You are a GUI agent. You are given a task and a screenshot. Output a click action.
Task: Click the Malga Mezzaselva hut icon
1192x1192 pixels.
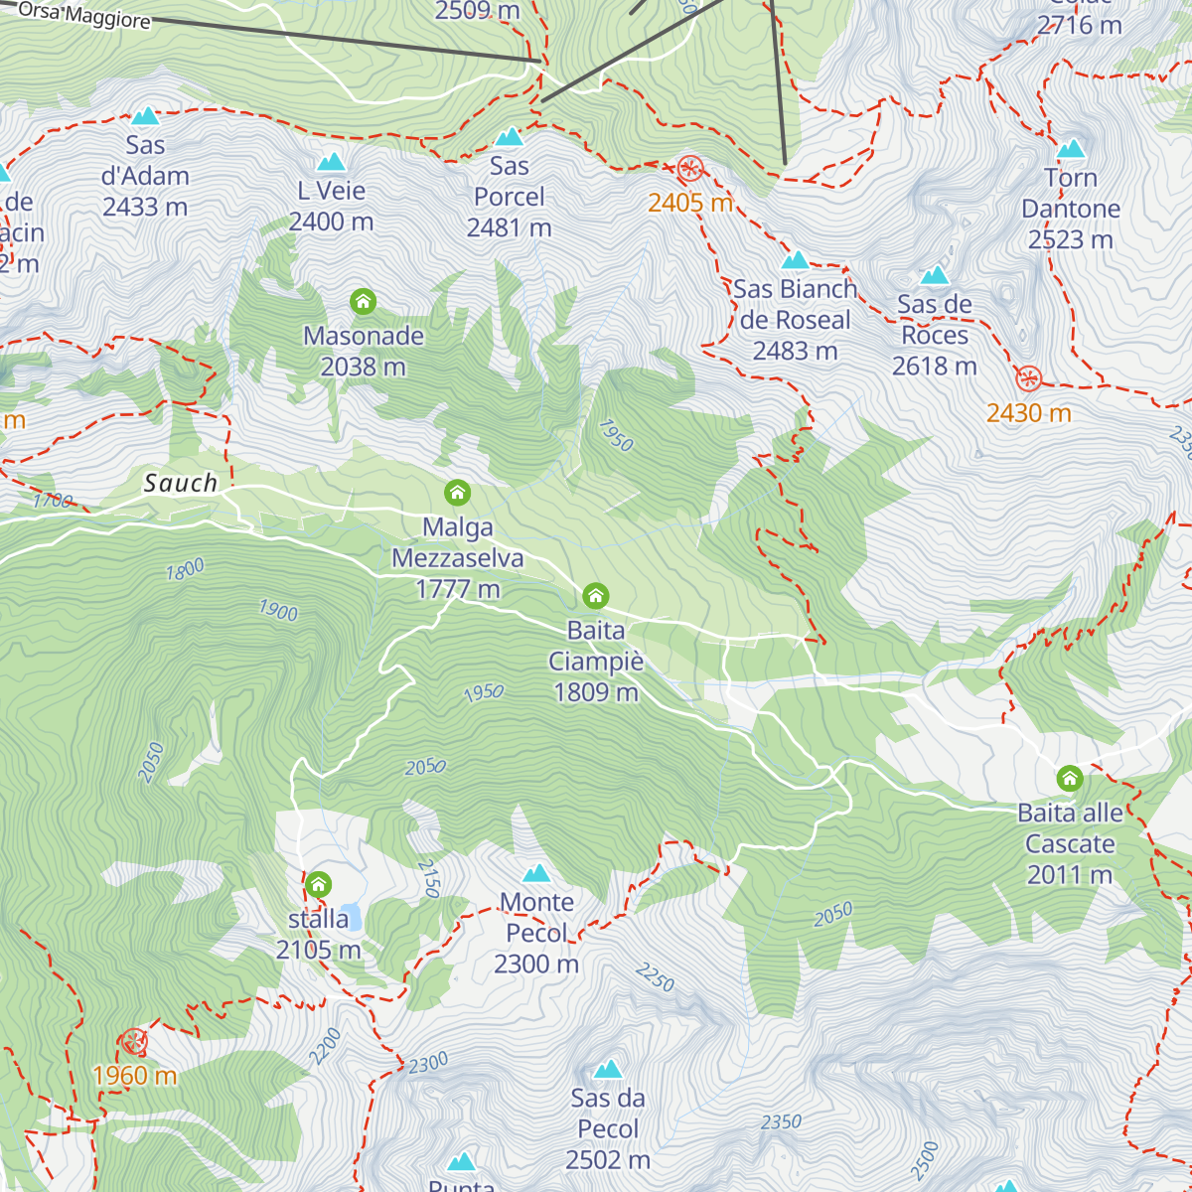pyautogui.click(x=457, y=493)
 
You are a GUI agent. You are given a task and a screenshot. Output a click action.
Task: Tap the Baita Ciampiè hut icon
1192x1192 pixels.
pyautogui.click(x=595, y=596)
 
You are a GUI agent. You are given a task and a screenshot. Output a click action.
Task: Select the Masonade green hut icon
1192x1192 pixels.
pyautogui.click(x=363, y=301)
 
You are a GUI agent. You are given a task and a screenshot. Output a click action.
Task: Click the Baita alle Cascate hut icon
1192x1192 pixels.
pyautogui.click(x=1069, y=778)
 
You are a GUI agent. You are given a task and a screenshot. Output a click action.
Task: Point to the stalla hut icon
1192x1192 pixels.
pyautogui.click(x=318, y=884)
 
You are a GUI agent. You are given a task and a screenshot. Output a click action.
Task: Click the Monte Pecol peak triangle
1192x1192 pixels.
pyautogui.click(x=536, y=873)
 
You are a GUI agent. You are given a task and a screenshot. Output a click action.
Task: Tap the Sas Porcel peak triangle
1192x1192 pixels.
pyautogui.click(x=509, y=137)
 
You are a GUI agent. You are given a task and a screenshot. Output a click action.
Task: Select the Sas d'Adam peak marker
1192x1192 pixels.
pyautogui.click(x=145, y=116)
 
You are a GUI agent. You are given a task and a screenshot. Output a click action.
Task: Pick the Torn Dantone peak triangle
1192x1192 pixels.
pyautogui.click(x=1070, y=149)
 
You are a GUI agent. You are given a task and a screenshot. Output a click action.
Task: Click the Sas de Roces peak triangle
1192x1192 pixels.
pyautogui.click(x=934, y=275)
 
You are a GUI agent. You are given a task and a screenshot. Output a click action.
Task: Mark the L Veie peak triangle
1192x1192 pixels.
pyautogui.click(x=331, y=162)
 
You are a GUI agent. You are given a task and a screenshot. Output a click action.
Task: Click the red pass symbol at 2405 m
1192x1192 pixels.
pyautogui.click(x=689, y=169)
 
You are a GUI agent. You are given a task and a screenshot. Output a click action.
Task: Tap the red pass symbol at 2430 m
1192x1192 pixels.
pyautogui.click(x=1028, y=378)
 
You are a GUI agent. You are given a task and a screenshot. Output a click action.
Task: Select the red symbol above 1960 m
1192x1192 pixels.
pyautogui.click(x=133, y=1042)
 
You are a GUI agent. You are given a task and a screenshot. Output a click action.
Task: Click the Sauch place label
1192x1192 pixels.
pyautogui.click(x=181, y=484)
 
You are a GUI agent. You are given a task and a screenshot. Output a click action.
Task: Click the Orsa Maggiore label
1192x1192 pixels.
pyautogui.click(x=84, y=16)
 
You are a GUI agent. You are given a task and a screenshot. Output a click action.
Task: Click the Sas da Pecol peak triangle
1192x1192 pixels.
pyautogui.click(x=608, y=1069)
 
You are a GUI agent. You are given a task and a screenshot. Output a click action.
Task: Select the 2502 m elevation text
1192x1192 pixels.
pyautogui.click(x=608, y=1160)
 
